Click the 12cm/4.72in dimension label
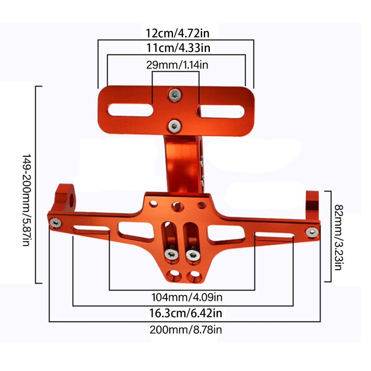pos(178,33)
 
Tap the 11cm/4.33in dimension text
pos(178,48)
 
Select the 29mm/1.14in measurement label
pos(177,65)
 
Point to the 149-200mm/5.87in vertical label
pos(27,200)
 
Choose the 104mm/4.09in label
pos(187,298)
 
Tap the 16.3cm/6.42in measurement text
pos(186,313)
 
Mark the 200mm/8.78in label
pos(186,330)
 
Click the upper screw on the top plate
pos(175,95)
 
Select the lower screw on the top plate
pos(175,126)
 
